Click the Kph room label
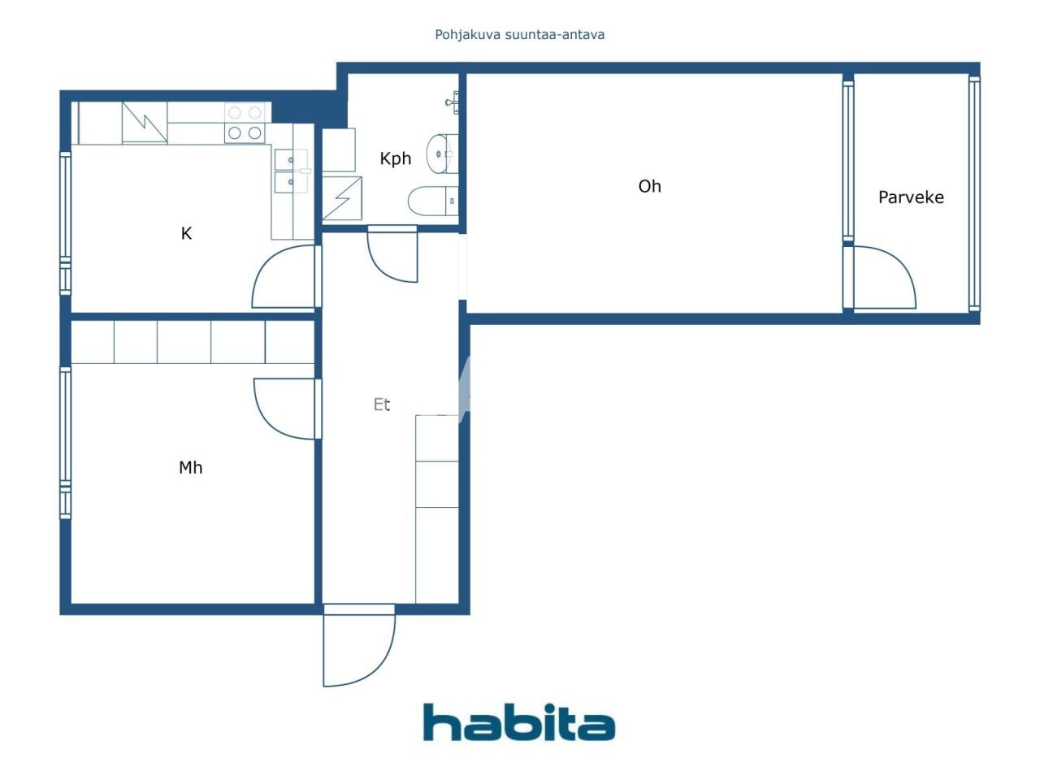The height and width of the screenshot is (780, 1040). (x=396, y=158)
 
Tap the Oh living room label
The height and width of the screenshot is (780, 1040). (x=649, y=186)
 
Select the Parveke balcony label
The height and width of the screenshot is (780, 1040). (x=911, y=197)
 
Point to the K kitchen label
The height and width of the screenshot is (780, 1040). (x=186, y=234)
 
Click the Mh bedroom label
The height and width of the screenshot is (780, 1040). (x=190, y=467)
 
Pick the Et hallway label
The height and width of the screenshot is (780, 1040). (x=382, y=404)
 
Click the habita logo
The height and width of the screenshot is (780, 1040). (x=519, y=722)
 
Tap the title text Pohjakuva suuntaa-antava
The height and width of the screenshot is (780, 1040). (x=519, y=34)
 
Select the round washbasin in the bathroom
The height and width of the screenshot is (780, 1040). (x=441, y=154)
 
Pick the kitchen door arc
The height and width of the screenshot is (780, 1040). (x=284, y=278)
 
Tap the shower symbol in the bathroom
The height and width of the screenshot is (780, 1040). (x=342, y=198)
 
